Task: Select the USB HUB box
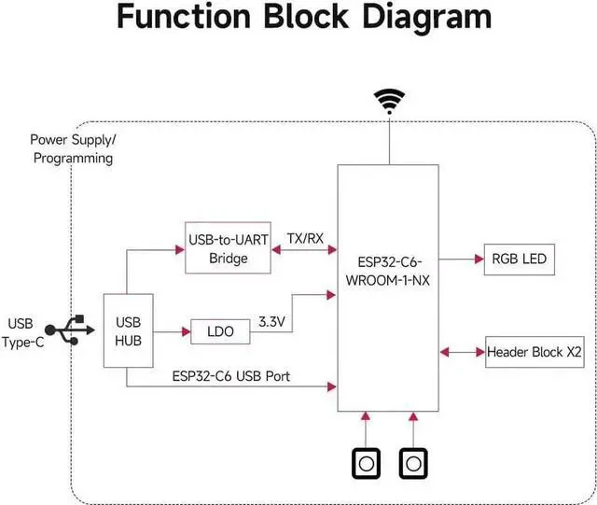pyautogui.click(x=127, y=330)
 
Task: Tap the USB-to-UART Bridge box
pyautogui.click(x=228, y=249)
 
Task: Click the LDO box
pyautogui.click(x=220, y=331)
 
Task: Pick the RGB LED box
pyautogui.click(x=515, y=259)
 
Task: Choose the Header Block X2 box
pyautogui.click(x=533, y=353)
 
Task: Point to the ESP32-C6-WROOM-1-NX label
pyautogui.click(x=387, y=270)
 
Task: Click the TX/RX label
pyautogui.click(x=305, y=238)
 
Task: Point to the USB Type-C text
pyautogui.click(x=26, y=332)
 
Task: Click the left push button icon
pyautogui.click(x=366, y=463)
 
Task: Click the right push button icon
pyautogui.click(x=412, y=463)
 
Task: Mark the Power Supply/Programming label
pyautogui.click(x=73, y=148)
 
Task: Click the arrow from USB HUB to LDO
pyautogui.click(x=170, y=330)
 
